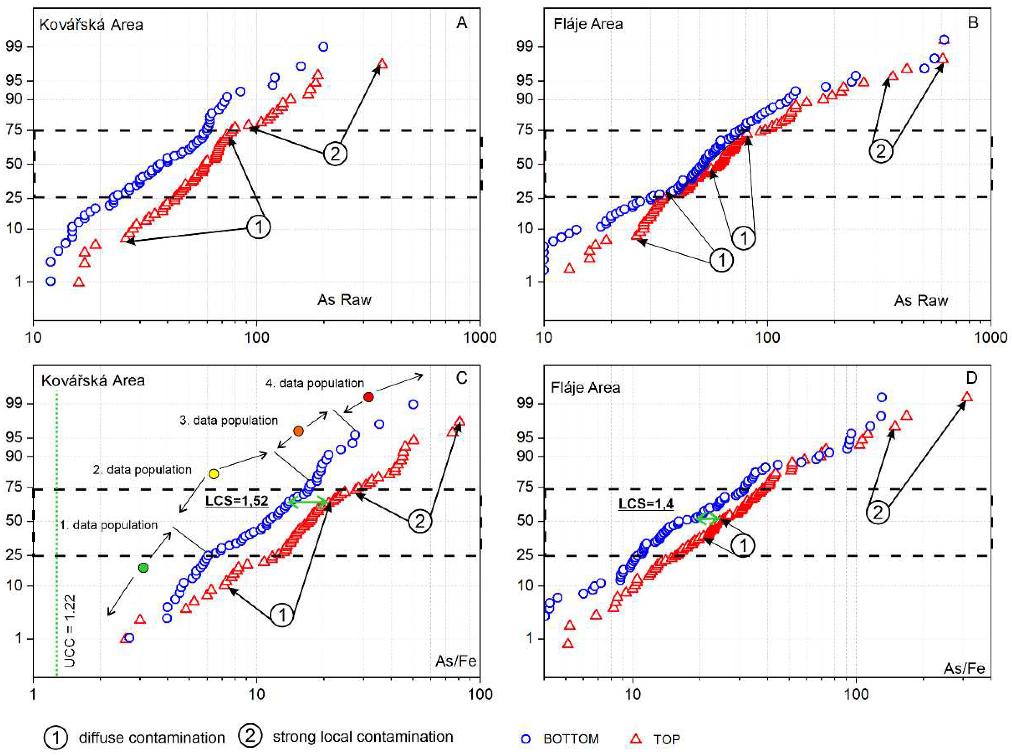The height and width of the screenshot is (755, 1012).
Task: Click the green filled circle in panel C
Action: (143, 568)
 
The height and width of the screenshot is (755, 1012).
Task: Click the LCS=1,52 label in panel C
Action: (237, 500)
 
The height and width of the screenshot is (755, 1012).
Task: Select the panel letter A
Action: (461, 23)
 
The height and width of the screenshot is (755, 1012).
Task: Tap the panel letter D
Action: (972, 378)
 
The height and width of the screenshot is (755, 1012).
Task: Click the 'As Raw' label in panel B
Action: (921, 300)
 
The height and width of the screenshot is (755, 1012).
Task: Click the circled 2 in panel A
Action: (335, 154)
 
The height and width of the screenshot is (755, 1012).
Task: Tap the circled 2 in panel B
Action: (880, 151)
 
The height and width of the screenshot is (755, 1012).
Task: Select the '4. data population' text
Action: (315, 383)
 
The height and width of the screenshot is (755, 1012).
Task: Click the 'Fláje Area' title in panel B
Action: (588, 24)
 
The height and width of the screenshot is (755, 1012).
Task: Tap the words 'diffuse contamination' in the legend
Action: (152, 737)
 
